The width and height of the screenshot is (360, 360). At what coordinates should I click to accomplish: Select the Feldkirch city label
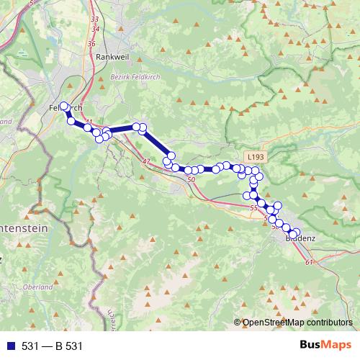click(x=67, y=107)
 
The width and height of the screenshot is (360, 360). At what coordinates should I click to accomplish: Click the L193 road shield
click(x=254, y=156)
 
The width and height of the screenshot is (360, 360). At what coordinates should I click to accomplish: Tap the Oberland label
click(x=38, y=287)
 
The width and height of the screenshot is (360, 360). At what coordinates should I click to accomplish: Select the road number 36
click(x=91, y=44)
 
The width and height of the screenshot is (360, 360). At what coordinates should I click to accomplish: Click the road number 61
click(x=309, y=261)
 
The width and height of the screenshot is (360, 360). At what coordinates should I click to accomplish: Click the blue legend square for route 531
click(x=9, y=346)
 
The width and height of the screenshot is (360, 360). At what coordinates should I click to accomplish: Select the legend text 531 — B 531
click(x=53, y=346)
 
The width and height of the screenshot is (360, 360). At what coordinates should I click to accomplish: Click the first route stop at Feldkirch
click(x=64, y=107)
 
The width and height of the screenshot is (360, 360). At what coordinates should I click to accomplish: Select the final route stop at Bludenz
click(x=296, y=232)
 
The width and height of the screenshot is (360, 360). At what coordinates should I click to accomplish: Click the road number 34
click(x=96, y=29)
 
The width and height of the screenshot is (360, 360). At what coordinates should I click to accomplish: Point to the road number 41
click(x=90, y=122)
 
